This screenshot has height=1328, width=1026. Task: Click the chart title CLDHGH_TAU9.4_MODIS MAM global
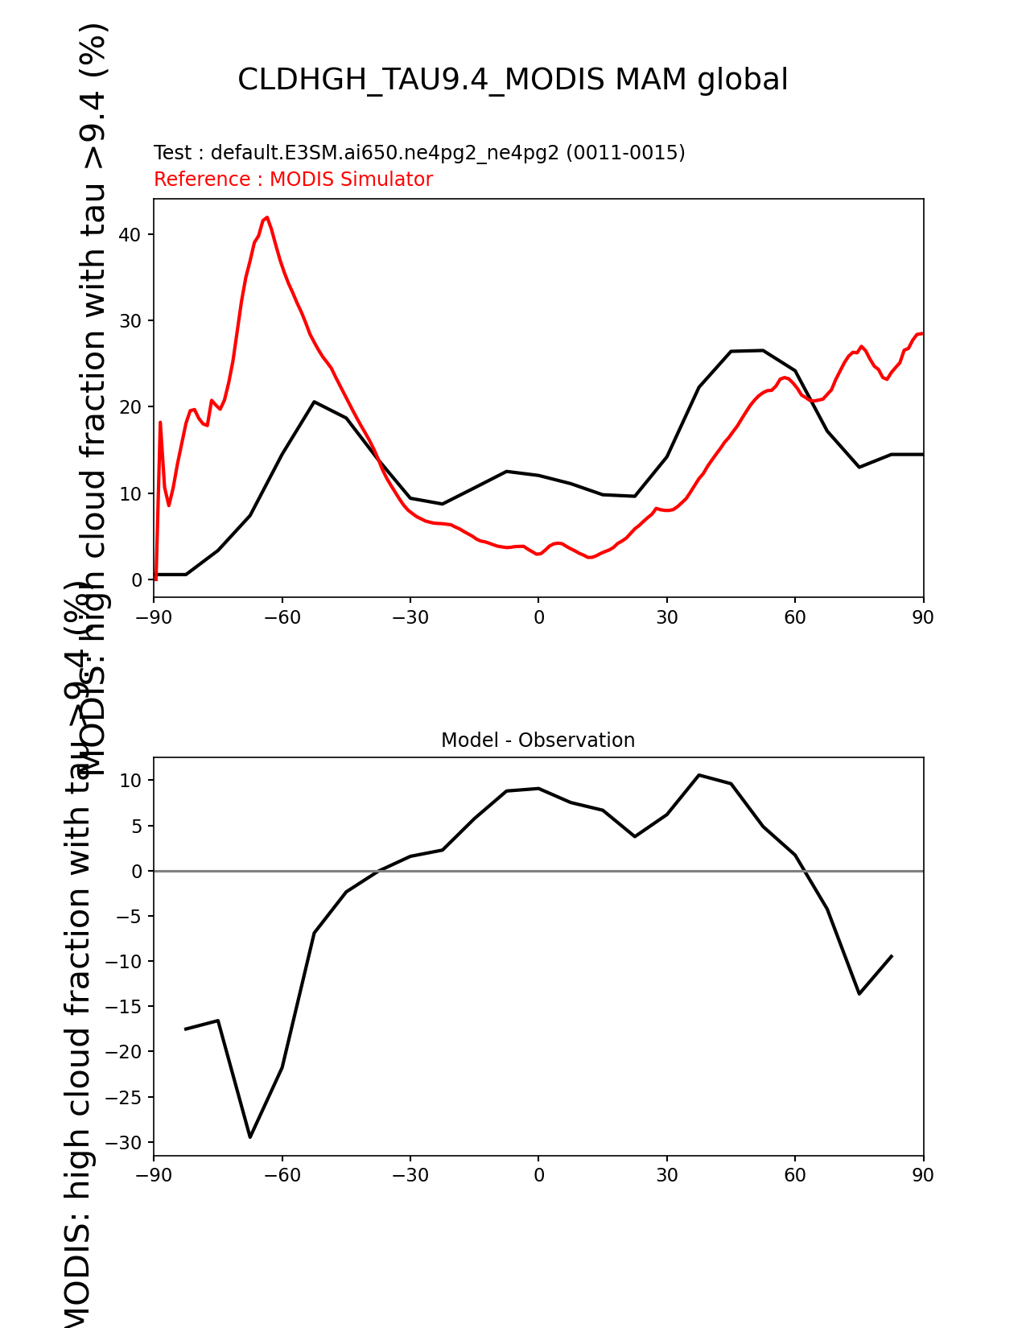coord(513,80)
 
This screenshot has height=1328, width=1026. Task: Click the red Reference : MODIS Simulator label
coord(293,179)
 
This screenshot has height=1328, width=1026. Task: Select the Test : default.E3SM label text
coord(419,153)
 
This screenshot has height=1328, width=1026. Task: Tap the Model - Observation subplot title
coord(538,740)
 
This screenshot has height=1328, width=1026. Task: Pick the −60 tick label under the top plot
coord(282,617)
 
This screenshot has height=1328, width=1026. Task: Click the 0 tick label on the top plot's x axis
coord(538,617)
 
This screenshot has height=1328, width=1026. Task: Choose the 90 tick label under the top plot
coord(923,617)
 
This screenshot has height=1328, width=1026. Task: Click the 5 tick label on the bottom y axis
coord(137,827)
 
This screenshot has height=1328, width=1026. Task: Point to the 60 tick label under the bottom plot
coord(795,1175)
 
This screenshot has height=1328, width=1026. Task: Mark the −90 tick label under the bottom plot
coord(154,1175)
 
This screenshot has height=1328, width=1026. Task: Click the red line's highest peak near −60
coord(266,217)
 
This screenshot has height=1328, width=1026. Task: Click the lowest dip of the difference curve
coord(250,1136)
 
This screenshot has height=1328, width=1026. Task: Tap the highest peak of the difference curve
coord(698,775)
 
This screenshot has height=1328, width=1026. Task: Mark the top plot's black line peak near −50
coord(314,402)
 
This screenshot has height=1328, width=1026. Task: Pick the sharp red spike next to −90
coord(160,422)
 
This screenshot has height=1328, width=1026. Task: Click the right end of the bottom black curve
coord(892,956)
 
